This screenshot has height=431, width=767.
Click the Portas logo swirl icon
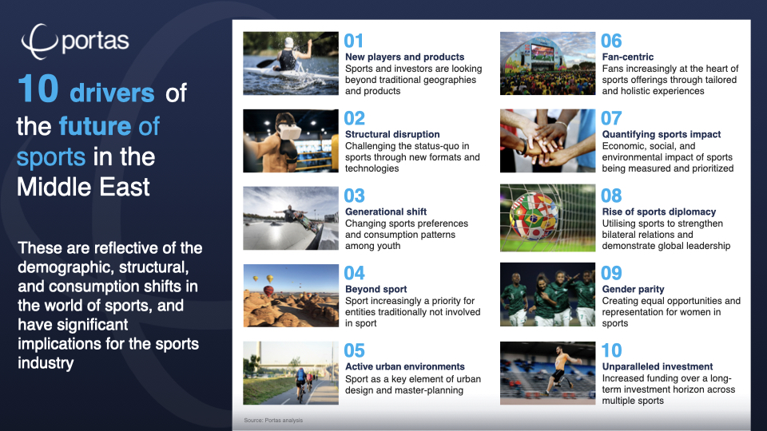[39, 42]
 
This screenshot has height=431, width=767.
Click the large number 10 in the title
[38, 89]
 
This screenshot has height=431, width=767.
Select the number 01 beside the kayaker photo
[354, 41]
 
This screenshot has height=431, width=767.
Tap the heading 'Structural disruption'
[392, 134]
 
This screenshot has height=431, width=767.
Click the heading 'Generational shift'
[386, 212]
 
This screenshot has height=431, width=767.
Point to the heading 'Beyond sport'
[376, 289]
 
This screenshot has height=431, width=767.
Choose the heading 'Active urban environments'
[405, 366]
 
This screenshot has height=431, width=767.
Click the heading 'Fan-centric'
[628, 57]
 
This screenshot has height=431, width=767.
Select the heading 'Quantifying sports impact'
[662, 134]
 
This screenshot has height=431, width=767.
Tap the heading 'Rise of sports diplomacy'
[659, 212]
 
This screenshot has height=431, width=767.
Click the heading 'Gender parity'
[633, 289]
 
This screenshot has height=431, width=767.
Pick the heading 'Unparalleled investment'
[658, 366]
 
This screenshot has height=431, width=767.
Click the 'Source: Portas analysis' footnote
[273, 421]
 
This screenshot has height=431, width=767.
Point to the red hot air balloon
[268, 291]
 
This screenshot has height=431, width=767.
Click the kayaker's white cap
[289, 43]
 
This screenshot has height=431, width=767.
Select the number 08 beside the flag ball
[611, 196]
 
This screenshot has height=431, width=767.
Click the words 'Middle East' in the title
[83, 187]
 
